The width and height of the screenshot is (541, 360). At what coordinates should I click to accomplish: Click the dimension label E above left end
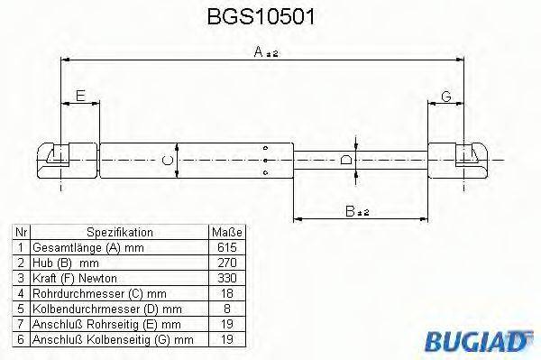coord(80,96)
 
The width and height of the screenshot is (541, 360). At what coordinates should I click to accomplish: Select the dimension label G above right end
coord(445,96)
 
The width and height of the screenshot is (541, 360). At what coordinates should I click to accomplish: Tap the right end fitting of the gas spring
coord(457,160)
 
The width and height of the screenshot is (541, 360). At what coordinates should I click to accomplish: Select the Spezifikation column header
coord(120,231)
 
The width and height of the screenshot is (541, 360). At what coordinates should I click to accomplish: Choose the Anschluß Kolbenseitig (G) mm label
coord(113,339)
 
